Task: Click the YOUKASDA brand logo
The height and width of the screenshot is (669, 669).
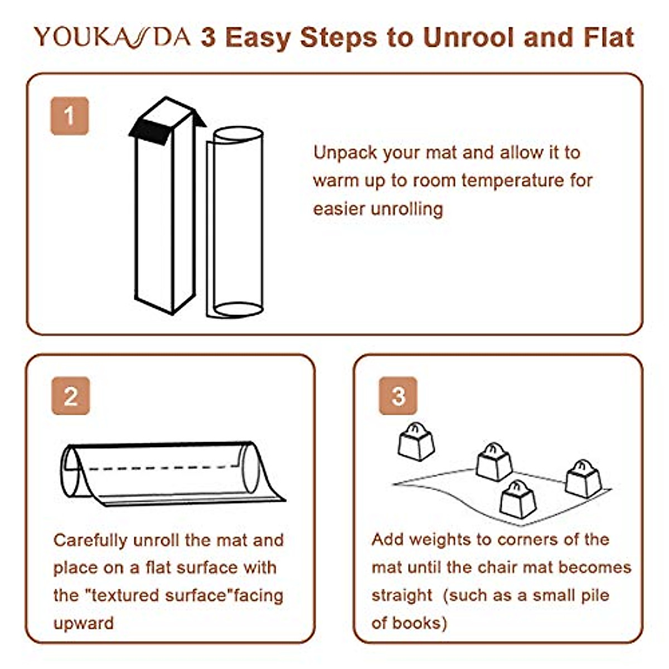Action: tap(111, 37)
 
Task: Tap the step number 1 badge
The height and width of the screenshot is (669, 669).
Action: tap(69, 116)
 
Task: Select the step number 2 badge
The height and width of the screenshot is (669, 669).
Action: tap(71, 396)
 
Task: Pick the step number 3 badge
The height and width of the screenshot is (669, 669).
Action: tap(398, 396)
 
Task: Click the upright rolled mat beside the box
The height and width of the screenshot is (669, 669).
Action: tap(237, 223)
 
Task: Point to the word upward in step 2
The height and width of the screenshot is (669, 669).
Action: tap(83, 623)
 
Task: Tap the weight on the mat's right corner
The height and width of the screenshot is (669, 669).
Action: tap(583, 478)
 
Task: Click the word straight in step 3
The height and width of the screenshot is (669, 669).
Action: tap(401, 595)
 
